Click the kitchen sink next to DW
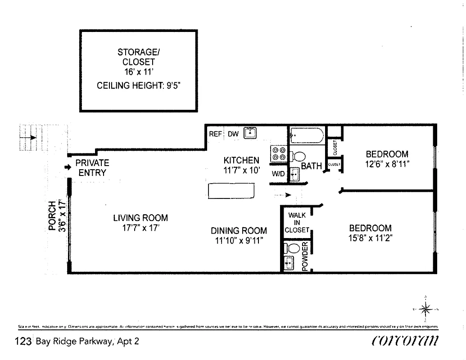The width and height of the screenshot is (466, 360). pos(250,133)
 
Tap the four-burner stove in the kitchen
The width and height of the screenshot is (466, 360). pos(278,154)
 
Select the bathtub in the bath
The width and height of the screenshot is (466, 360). pos(306,135)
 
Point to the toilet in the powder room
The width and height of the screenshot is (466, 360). pos(293,248)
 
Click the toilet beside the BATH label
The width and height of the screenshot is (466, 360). pos(297,157)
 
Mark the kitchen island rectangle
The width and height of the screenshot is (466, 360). pos(231,191)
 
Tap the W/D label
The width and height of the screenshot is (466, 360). pos(277,174)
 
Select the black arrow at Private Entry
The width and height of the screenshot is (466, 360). pos(68,167)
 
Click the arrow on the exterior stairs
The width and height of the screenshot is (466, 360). pos(32,138)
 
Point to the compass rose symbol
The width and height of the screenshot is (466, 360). pos(425,309)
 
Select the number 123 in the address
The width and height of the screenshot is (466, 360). pos(23,342)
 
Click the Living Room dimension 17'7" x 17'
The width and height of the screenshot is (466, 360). pos(140,228)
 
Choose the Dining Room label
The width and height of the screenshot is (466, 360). pos(239,231)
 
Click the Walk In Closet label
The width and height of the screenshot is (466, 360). pos(297,223)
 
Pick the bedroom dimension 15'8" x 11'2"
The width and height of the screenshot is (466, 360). pos(370,238)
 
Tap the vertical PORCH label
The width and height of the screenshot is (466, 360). pos(53,216)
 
